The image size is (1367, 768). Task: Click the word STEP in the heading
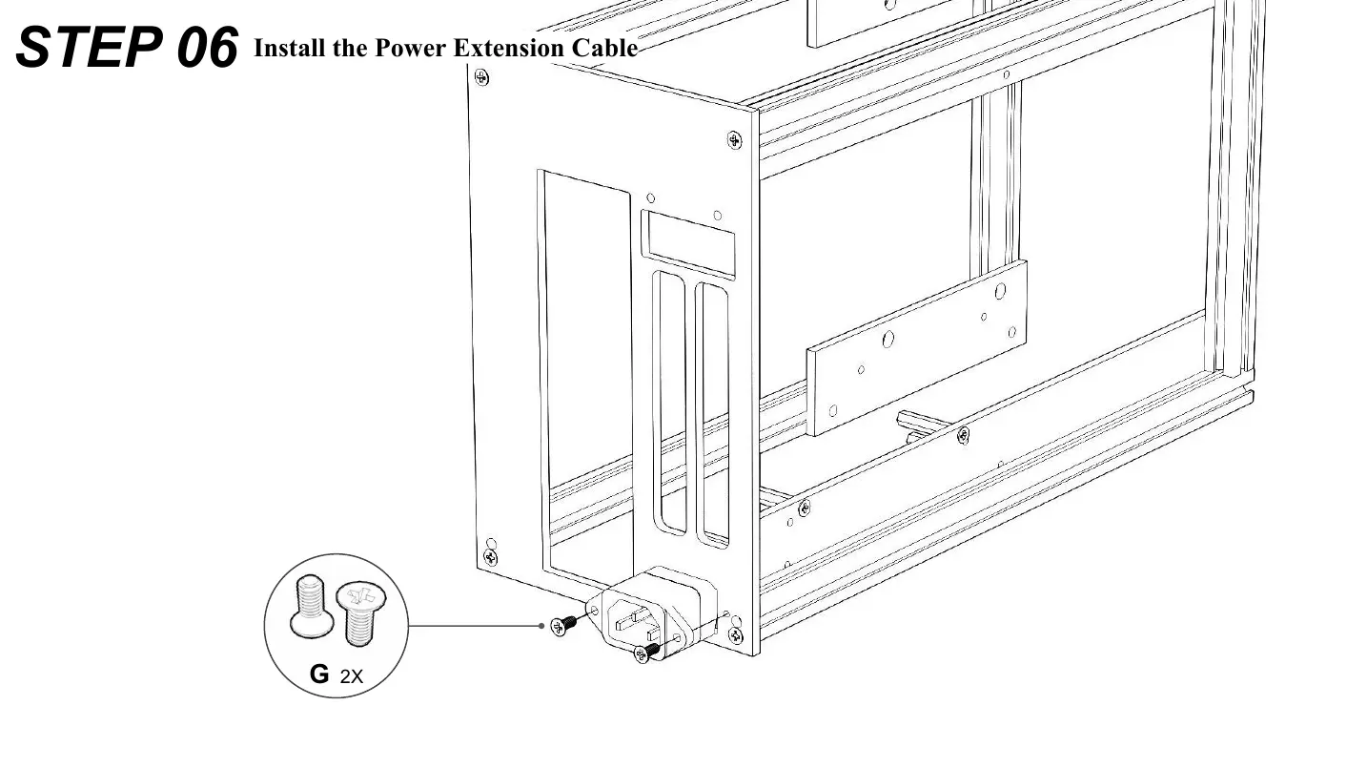[92, 48]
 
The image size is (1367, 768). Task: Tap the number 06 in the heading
[207, 48]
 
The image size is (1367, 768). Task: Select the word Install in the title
[290, 48]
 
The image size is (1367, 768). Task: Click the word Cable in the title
[604, 48]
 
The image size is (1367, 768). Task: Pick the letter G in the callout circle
[319, 675]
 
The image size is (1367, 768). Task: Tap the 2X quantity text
[352, 677]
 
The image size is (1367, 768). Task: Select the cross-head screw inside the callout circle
[357, 611]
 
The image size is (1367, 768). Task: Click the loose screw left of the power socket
[563, 625]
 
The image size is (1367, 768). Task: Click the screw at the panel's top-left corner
[482, 77]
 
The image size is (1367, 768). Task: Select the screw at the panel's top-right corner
[733, 140]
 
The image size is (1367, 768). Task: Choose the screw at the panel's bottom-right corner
[735, 634]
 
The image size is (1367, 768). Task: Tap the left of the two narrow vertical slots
[670, 401]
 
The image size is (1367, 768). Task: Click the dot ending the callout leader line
[541, 626]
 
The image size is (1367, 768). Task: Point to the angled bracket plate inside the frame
[915, 348]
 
